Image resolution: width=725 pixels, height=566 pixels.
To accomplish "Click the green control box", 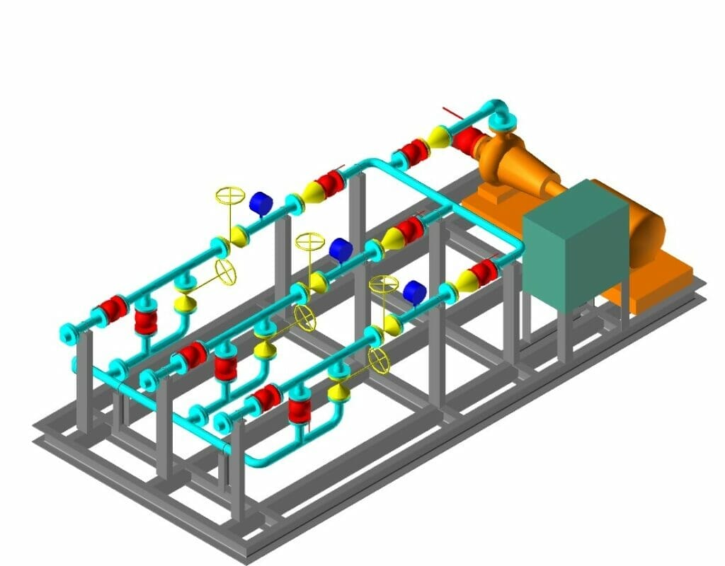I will pos(575,244).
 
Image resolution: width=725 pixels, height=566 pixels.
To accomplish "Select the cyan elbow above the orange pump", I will pos(499,111).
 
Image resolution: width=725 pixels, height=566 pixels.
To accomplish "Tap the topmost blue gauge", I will pos(261,203).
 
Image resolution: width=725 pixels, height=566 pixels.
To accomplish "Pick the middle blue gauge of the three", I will pos(341,249).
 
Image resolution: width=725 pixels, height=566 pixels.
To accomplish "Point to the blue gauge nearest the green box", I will pos(414,291).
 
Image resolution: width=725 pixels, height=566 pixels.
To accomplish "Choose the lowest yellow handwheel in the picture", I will pos(379,359).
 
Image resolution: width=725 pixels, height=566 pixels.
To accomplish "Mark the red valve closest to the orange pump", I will pos(467,139).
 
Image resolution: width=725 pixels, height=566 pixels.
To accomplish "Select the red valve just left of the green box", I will pos(484,272).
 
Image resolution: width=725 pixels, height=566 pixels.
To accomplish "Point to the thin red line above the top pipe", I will pos(451,112).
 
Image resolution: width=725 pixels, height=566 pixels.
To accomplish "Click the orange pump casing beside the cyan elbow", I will pos(499,152).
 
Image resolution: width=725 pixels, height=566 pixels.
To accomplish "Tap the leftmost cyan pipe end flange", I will pos(67,333).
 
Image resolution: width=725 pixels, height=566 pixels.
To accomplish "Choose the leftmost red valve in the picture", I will pos(113,308).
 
